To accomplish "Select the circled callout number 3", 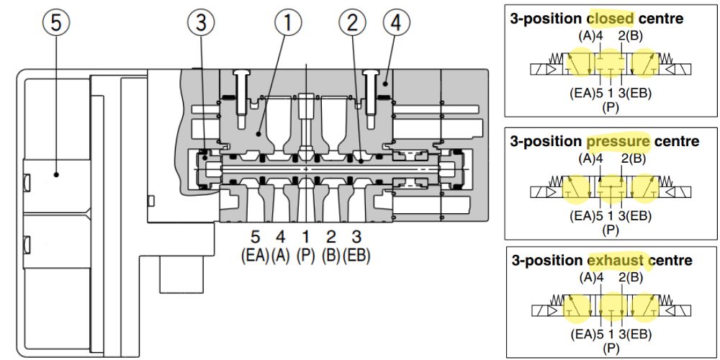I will click(x=201, y=23).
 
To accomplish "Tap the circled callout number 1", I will click(x=287, y=23).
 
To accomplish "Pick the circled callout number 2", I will click(x=352, y=23).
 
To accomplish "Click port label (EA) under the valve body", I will click(x=255, y=255).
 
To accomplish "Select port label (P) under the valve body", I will click(x=306, y=255).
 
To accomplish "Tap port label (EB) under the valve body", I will click(x=357, y=255).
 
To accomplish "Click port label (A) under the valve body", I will click(x=281, y=255).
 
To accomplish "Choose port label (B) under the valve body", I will click(x=331, y=255).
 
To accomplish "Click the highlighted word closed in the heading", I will click(x=611, y=18).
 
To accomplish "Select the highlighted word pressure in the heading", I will click(x=618, y=141).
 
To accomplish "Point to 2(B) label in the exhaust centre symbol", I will click(x=634, y=278).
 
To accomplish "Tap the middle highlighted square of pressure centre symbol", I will click(x=611, y=189).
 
